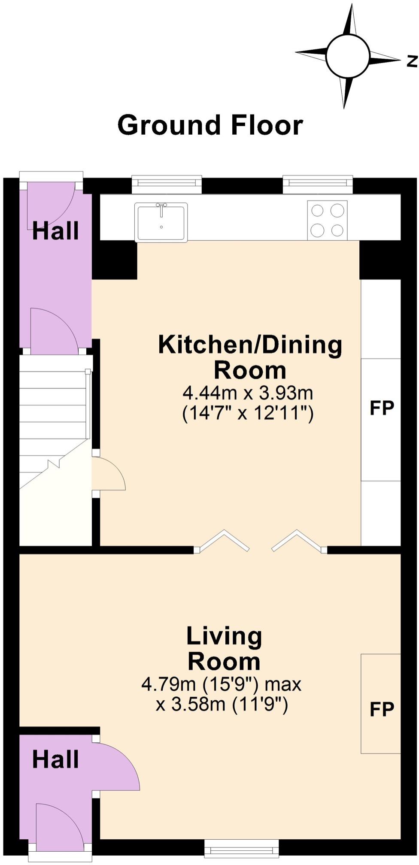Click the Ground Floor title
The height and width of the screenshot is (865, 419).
tap(210, 125)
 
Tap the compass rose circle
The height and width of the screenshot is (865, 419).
tap(347, 56)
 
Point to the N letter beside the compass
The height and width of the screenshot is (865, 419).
tap(412, 61)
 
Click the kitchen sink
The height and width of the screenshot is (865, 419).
tap(161, 222)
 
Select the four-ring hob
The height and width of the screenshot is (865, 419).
tap(327, 220)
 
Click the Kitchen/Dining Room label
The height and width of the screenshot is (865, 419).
tap(250, 357)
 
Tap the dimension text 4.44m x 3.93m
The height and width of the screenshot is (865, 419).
tap(248, 392)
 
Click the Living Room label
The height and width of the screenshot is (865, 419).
tap(224, 648)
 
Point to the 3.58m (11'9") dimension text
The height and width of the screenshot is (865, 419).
tap(222, 704)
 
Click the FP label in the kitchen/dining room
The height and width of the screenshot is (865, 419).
tap(382, 408)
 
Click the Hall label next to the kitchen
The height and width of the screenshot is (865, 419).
tap(55, 231)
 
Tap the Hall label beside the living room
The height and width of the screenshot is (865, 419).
tap(55, 759)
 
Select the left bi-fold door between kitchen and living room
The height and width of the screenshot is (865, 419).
tap(222, 541)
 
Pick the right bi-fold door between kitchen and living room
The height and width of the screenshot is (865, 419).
tap(299, 541)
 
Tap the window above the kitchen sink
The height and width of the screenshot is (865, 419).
tap(167, 184)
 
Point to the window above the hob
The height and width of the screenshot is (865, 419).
tap(318, 184)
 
